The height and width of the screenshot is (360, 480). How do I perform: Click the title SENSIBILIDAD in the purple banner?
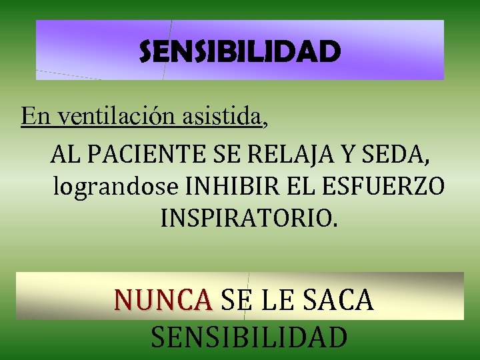[x=239, y=51]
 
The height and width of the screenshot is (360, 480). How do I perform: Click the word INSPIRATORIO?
[x=249, y=218]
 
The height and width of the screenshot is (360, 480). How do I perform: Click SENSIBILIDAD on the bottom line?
[x=249, y=337]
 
